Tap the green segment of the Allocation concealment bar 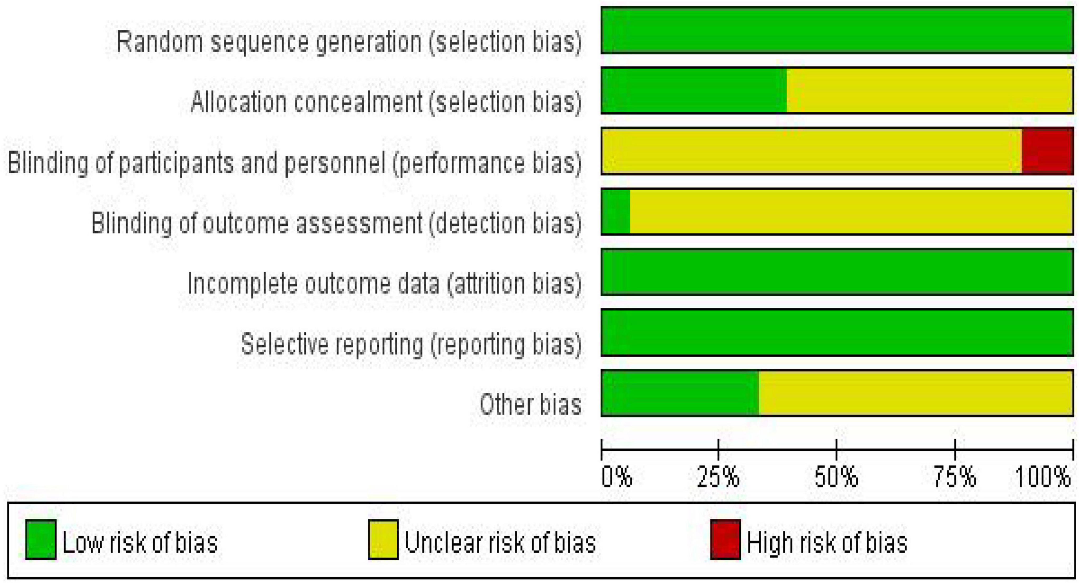[x=694, y=90]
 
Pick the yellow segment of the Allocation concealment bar [x=930, y=90]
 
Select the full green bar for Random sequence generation [x=837, y=30]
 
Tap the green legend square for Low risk [x=41, y=540]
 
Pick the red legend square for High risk [x=725, y=540]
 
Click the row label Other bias [x=530, y=405]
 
